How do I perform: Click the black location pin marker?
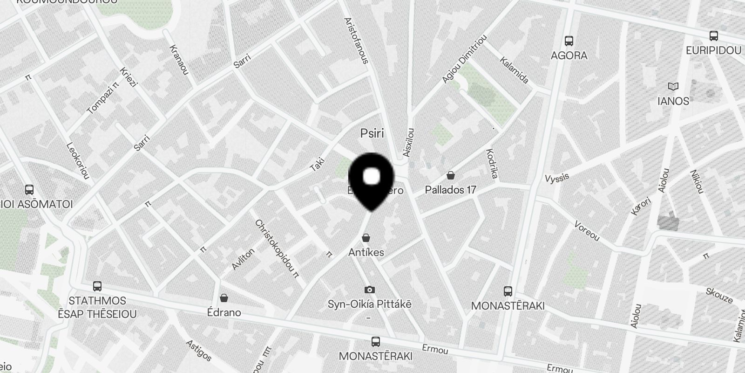(x=371, y=180)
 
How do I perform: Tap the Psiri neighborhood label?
(x=372, y=134)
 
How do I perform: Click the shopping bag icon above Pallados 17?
(x=450, y=176)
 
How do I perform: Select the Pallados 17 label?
(x=450, y=190)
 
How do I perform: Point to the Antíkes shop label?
(x=366, y=252)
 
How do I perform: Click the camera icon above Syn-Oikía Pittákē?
(x=370, y=290)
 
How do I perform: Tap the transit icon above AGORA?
(x=569, y=41)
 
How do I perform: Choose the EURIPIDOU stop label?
(x=713, y=50)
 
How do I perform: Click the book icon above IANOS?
(x=673, y=87)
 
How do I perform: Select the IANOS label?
(x=673, y=101)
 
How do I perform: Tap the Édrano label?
(x=224, y=312)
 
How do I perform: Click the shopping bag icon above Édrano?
(x=224, y=298)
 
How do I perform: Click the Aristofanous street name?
(x=356, y=41)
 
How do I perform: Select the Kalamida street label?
(x=514, y=70)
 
